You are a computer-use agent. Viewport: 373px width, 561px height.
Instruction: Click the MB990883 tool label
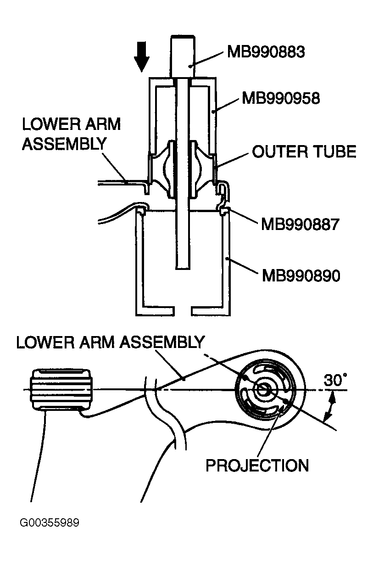(266, 52)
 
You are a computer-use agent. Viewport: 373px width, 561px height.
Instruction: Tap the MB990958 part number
(281, 98)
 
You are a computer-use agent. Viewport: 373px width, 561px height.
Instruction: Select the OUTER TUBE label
(304, 151)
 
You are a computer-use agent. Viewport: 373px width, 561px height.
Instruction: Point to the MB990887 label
(300, 224)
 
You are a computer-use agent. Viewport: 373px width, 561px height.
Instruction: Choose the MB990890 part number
(301, 276)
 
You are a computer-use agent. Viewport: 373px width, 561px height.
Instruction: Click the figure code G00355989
(49, 523)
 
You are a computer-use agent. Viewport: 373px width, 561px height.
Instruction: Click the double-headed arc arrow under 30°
(330, 406)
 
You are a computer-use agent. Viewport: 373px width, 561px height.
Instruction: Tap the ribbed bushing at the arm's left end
(61, 390)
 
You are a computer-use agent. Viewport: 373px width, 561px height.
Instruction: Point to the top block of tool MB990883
(183, 56)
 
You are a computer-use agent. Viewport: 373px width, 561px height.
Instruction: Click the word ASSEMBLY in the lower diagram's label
(161, 342)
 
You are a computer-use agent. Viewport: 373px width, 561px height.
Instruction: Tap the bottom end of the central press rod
(182, 269)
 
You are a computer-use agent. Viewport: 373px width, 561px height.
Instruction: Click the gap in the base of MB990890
(183, 310)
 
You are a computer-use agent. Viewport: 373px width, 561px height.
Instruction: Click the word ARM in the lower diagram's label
(96, 342)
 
